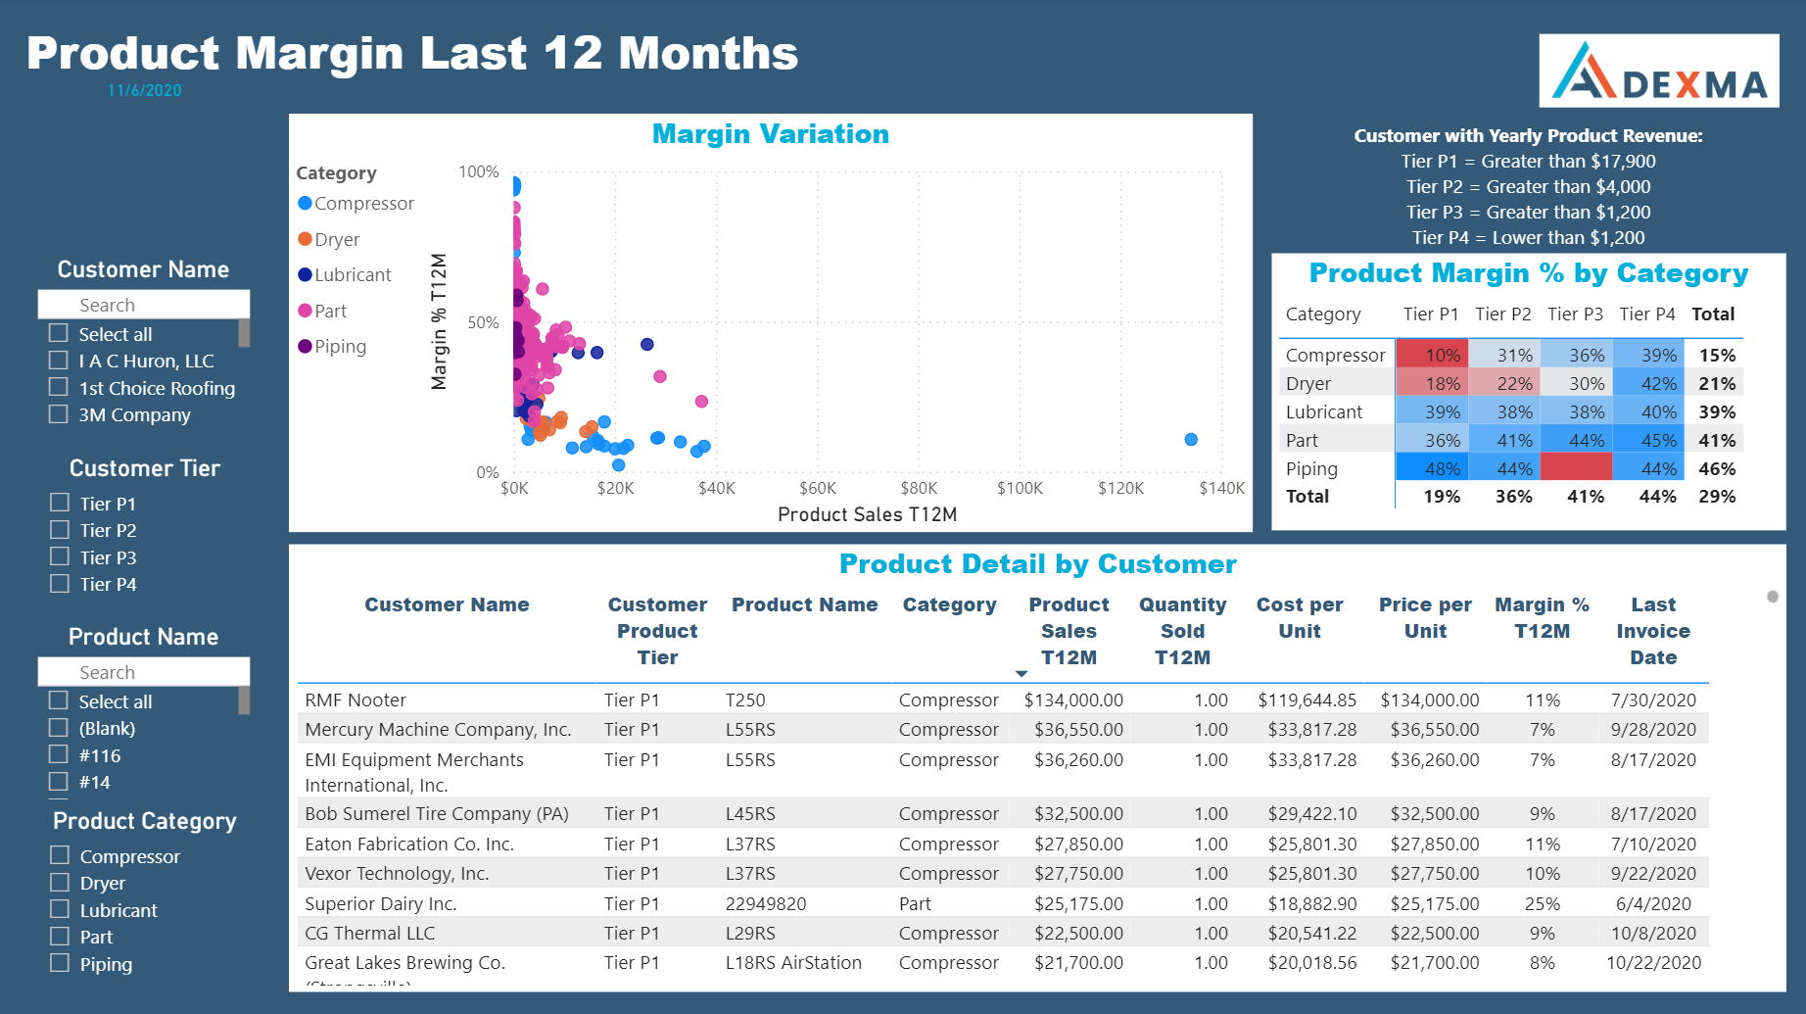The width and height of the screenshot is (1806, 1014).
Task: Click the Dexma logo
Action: [x=1658, y=72]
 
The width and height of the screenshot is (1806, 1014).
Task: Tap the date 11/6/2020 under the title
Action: [x=144, y=90]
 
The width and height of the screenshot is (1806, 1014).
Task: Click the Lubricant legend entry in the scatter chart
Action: [x=352, y=275]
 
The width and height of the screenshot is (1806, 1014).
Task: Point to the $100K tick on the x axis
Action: [x=1019, y=488]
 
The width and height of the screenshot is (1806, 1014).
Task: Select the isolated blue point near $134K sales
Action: [x=1191, y=440]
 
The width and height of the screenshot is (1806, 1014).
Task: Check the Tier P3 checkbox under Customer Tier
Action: [x=60, y=556]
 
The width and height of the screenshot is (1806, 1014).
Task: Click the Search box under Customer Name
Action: [x=143, y=305]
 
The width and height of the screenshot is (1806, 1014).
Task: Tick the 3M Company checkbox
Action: [x=59, y=414]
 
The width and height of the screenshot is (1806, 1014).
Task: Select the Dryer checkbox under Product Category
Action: [x=60, y=883]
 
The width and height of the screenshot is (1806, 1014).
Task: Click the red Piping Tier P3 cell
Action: [x=1576, y=467]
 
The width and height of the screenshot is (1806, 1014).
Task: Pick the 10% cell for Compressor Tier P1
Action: [x=1432, y=355]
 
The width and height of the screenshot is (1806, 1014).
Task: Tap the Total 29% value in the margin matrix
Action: [x=1716, y=497]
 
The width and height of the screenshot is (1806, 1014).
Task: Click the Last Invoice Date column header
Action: [x=1652, y=631]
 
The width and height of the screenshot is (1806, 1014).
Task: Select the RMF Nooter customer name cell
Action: [x=356, y=700]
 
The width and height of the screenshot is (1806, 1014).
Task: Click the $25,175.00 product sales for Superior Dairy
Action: [x=1078, y=903]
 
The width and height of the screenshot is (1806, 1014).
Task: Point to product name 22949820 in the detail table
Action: [x=765, y=903]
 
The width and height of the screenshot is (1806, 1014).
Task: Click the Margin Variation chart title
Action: [x=770, y=134]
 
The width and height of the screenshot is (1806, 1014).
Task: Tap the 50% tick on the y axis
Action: [x=483, y=322]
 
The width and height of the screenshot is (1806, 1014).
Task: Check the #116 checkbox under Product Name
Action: [x=59, y=754]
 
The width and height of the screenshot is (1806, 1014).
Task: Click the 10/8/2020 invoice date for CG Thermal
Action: [x=1652, y=933]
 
